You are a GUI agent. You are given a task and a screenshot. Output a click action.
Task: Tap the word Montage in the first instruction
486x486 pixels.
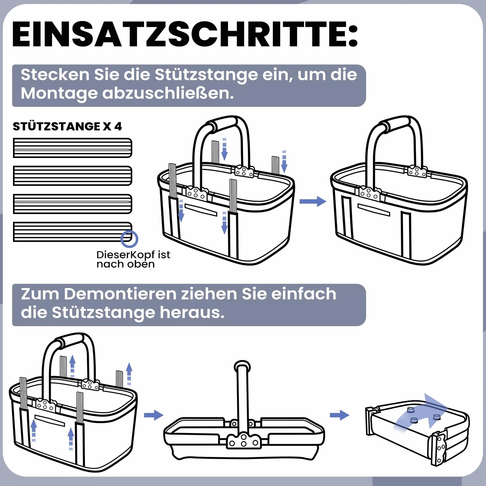click(x=59, y=94)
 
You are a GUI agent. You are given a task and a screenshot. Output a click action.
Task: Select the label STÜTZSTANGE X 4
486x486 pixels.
click(x=67, y=126)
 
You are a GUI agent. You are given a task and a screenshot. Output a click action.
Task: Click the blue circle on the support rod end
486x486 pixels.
click(x=129, y=239)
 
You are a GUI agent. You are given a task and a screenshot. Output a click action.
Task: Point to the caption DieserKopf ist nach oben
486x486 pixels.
click(x=133, y=259)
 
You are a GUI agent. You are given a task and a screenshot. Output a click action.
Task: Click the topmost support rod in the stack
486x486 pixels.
click(x=72, y=148)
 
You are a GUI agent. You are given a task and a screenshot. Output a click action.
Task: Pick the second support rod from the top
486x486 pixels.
click(x=72, y=176)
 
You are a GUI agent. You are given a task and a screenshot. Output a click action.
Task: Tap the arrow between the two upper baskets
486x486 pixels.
click(x=313, y=201)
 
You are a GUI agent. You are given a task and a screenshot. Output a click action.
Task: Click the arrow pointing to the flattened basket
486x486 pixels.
click(x=154, y=415)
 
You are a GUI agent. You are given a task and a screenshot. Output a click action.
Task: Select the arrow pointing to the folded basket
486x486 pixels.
click(x=339, y=415)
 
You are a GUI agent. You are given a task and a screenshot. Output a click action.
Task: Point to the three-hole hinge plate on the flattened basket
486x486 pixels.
click(x=244, y=441)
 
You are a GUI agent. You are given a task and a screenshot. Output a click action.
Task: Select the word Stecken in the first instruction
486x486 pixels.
click(x=55, y=75)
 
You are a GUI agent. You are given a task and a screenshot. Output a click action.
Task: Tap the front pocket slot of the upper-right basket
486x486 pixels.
click(x=374, y=209)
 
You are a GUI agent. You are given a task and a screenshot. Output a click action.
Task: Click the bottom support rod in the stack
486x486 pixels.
click(x=72, y=232)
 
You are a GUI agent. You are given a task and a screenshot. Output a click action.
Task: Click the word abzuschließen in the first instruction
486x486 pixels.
click(x=168, y=94)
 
